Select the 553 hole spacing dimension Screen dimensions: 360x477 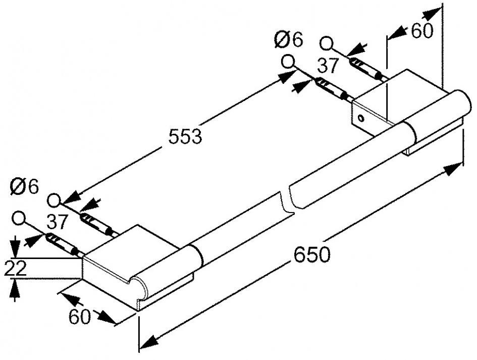186,135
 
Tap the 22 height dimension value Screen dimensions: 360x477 15,268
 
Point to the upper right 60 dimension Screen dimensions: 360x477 422,31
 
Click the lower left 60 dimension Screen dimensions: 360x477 79,317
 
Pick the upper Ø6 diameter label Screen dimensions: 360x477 289,39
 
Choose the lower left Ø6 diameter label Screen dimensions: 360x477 24,186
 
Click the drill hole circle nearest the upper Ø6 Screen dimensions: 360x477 288,62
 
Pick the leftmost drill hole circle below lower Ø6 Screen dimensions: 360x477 19,219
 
